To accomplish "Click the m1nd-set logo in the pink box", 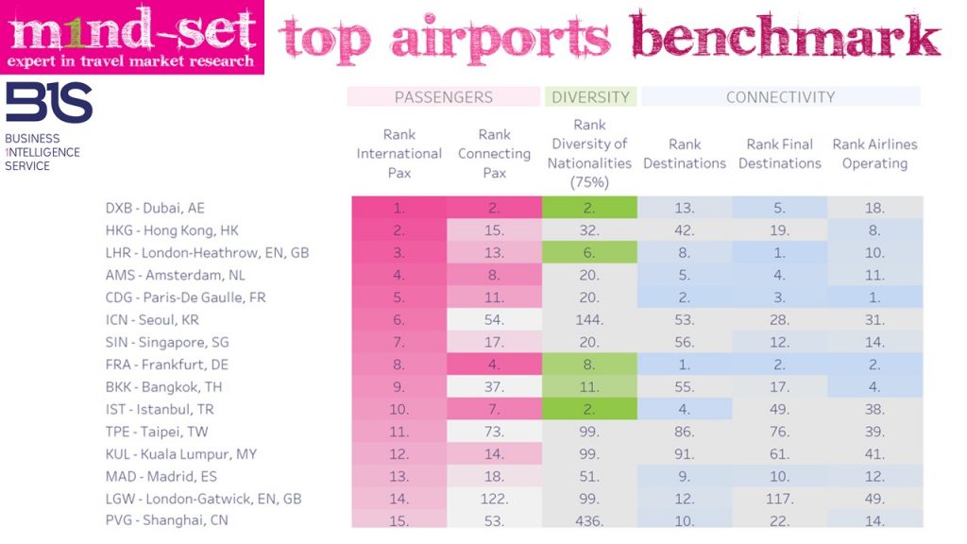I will click(x=132, y=37).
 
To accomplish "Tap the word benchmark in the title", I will click(x=786, y=39).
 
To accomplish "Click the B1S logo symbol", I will click(x=49, y=103).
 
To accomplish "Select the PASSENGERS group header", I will click(x=444, y=96).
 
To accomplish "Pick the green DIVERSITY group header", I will click(x=590, y=96).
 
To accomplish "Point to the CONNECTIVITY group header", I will click(x=780, y=96).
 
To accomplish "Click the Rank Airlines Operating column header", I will click(x=874, y=154).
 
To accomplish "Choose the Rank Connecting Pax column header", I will click(x=494, y=154).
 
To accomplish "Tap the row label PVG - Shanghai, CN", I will click(x=167, y=520).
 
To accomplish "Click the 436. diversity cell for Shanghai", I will click(x=590, y=520).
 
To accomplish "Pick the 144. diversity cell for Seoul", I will click(x=590, y=320).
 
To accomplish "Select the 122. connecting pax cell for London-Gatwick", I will click(x=494, y=499).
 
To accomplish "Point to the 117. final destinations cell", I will click(x=780, y=499).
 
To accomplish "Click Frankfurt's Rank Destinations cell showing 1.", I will click(x=685, y=365).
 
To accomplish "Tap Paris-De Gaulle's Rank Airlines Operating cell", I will click(x=874, y=297).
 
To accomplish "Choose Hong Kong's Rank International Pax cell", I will click(x=399, y=230).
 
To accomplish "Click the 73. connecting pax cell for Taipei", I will click(x=494, y=432).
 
